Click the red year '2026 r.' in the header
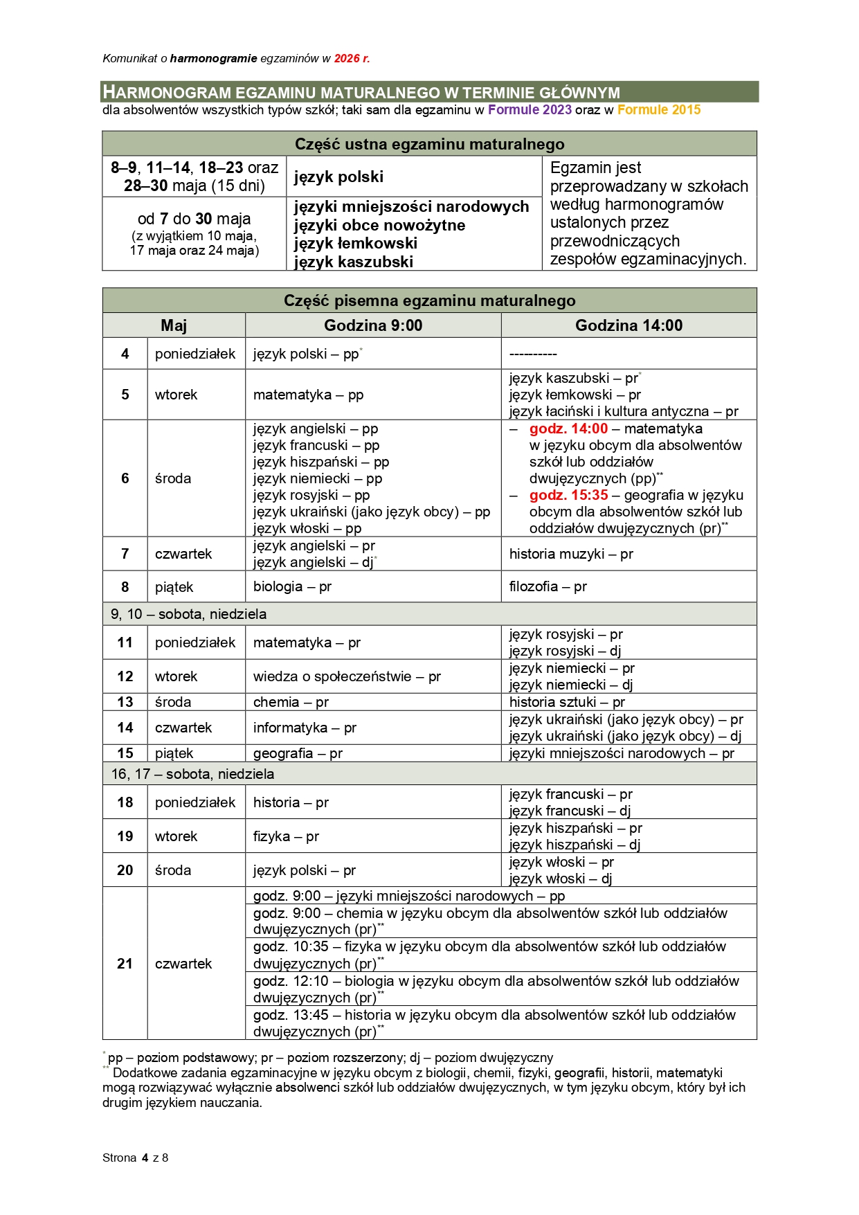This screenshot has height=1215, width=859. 352,59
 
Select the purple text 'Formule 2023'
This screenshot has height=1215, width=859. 530,109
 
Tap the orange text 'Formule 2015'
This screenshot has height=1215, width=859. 658,109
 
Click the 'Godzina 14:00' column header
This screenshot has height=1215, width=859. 629,325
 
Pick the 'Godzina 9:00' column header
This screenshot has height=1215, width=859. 373,325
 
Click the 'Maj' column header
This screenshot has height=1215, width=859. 174,325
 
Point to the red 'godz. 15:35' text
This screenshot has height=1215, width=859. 568,495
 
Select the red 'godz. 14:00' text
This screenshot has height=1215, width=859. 568,429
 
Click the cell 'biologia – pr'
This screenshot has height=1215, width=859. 292,586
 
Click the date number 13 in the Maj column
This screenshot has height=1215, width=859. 125,701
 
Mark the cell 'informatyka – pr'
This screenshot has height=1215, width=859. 305,728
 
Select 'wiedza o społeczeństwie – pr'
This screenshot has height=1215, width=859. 347,676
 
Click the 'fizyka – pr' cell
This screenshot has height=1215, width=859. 286,836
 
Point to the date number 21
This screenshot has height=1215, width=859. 125,964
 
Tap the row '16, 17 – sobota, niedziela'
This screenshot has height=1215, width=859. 192,774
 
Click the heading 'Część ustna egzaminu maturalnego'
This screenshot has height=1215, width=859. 429,144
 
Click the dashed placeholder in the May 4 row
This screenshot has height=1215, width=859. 533,354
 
